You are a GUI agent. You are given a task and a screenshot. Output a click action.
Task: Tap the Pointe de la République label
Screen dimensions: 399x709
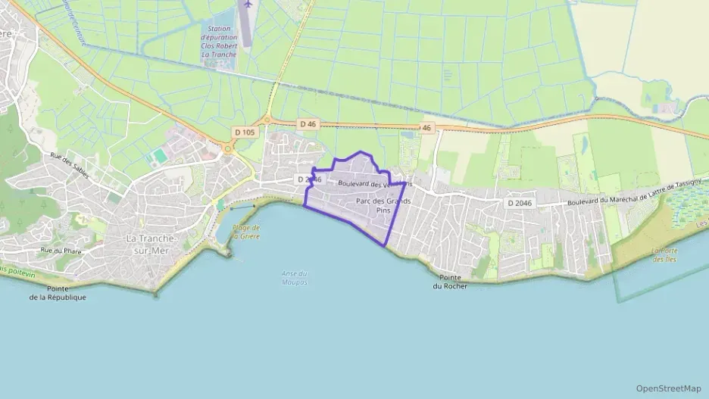click(58, 293)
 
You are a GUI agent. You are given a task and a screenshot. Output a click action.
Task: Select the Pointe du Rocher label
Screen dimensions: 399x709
click(450, 282)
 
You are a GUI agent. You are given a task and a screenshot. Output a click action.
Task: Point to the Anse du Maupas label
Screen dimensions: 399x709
click(294, 278)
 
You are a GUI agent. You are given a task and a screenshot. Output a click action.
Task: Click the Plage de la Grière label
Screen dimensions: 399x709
click(246, 232)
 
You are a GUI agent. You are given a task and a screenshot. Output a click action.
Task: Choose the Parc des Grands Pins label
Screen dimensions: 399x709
click(383, 205)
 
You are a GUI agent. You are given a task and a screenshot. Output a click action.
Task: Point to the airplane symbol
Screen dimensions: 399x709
click(245, 5)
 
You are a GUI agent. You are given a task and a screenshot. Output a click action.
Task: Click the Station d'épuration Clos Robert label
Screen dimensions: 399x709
click(219, 41)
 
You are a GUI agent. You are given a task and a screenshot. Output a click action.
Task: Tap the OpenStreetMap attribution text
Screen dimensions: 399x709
click(668, 388)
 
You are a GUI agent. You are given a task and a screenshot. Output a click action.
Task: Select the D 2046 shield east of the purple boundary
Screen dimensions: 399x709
click(520, 203)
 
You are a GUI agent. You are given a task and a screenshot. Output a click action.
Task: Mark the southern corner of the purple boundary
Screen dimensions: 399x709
click(387, 245)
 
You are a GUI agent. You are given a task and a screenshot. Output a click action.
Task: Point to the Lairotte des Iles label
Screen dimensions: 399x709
click(664, 254)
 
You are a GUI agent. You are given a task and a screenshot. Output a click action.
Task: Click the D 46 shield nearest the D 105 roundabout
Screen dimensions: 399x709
click(307, 123)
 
